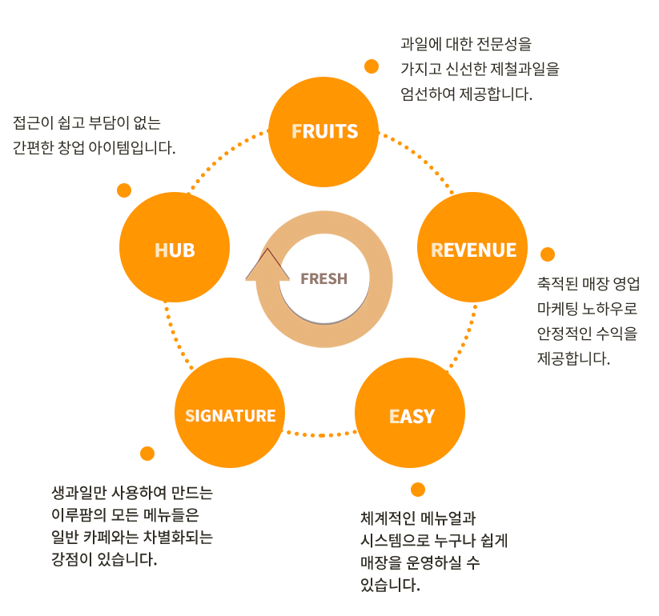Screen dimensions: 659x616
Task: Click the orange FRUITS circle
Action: [324, 131]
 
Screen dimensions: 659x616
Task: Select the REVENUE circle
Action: [473, 250]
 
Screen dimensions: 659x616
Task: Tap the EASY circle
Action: [412, 416]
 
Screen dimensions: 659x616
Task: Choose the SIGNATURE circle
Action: [231, 415]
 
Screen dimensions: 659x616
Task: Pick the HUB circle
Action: [175, 250]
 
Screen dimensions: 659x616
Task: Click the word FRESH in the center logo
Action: [323, 278]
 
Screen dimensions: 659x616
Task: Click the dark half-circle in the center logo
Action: [323, 308]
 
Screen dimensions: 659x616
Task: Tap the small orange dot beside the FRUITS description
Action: [372, 66]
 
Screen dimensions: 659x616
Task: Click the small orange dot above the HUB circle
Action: [124, 190]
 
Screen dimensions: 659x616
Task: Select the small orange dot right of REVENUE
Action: [548, 254]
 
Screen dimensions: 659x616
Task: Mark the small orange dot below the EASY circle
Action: [417, 490]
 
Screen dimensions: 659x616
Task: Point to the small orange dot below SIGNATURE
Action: [147, 454]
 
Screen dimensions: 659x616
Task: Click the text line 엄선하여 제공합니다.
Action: [466, 94]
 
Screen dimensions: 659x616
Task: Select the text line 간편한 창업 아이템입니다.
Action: [94, 149]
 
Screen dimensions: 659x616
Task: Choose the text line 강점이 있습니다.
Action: [103, 559]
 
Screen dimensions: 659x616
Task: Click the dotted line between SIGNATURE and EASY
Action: [320, 434]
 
